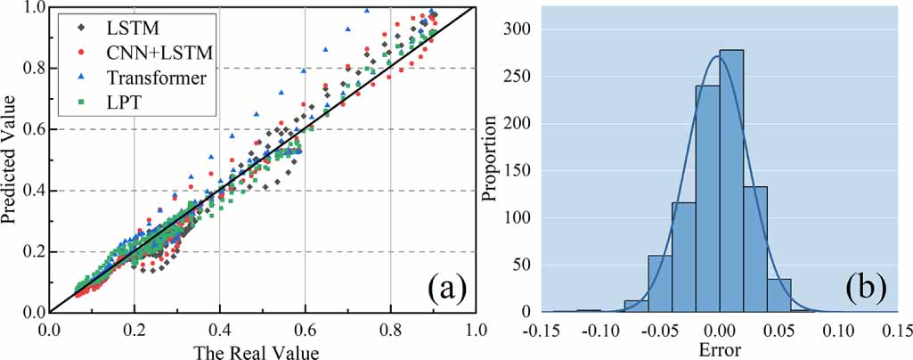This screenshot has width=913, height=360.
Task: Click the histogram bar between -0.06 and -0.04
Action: click(659, 285)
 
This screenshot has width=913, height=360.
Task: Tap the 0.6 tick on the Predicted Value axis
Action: click(32, 130)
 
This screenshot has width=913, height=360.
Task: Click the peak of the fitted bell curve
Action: click(718, 56)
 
